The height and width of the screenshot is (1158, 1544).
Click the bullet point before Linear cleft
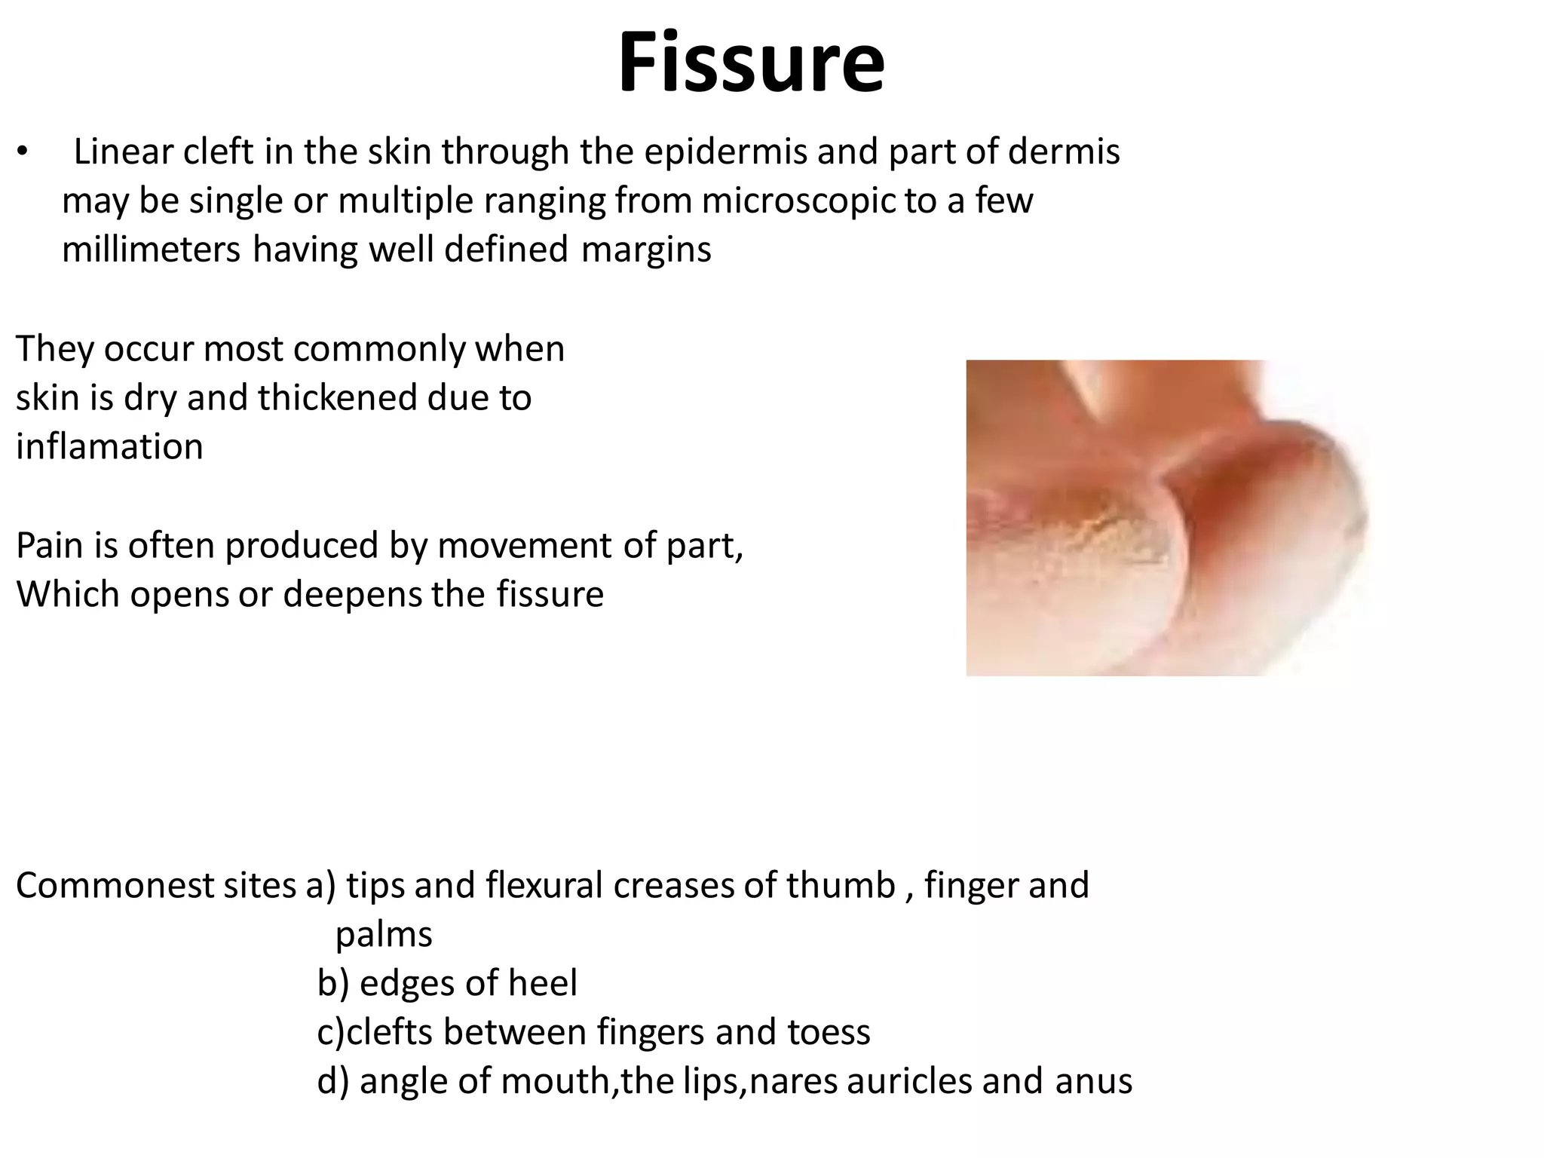(23, 153)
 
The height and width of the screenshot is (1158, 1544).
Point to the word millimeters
(151, 250)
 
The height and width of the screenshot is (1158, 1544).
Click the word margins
(646, 250)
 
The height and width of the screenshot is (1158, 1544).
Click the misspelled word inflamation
(109, 446)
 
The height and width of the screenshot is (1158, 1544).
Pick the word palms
(384, 936)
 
